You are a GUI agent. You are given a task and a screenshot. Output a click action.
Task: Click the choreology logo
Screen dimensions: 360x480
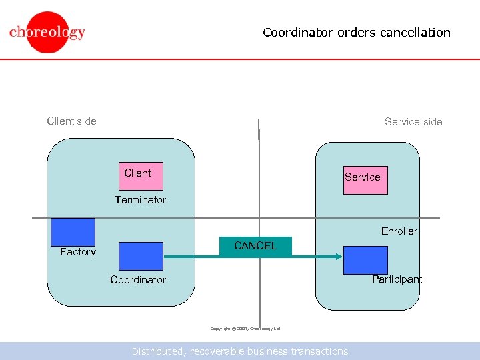point(47,32)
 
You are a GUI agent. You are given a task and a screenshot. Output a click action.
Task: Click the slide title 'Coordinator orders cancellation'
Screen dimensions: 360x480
point(356,32)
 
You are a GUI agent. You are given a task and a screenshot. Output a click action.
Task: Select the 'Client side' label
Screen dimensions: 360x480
point(71,121)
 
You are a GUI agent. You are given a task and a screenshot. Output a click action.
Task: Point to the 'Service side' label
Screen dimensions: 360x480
point(413,121)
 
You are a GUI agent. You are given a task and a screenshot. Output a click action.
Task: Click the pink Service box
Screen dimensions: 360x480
point(365,180)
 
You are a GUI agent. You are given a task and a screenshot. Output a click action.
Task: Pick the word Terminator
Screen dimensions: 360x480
point(140,199)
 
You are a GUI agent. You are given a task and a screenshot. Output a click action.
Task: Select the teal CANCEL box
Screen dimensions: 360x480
point(255,246)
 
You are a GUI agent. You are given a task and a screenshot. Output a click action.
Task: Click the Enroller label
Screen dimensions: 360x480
point(399,231)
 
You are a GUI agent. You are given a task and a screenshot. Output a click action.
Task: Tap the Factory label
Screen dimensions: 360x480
point(78,251)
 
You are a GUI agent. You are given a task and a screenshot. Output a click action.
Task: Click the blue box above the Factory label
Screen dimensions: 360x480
point(73,231)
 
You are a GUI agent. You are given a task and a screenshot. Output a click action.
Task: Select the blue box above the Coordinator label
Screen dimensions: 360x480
point(141,256)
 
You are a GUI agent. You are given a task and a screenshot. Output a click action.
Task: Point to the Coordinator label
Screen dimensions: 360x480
point(138,279)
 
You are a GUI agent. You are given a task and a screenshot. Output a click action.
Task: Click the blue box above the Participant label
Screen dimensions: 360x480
point(365,260)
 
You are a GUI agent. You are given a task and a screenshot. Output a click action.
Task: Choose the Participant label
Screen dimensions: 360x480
point(397,279)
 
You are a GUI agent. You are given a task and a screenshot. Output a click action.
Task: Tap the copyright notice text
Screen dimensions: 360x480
point(245,329)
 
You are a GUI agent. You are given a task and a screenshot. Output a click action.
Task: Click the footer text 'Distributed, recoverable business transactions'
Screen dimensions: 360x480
point(239,351)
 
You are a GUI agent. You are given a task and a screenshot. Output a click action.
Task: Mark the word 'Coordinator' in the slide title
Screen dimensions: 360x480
point(296,32)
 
